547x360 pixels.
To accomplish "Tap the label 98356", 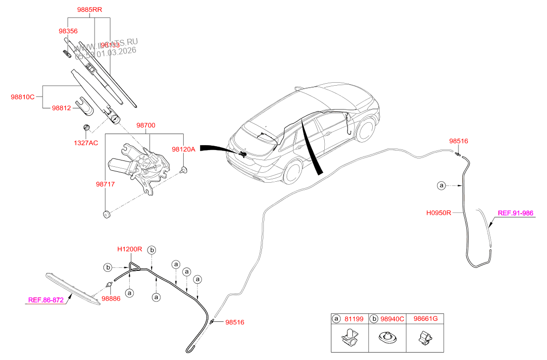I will (x=68, y=31).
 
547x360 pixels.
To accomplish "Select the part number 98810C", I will (x=23, y=97).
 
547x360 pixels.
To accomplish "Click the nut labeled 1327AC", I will (x=86, y=128).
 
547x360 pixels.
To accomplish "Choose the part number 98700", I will (x=146, y=126).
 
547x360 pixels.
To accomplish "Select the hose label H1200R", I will (x=130, y=249).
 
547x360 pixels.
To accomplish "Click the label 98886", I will (x=111, y=299).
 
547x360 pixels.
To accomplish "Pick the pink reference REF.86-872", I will (x=46, y=300).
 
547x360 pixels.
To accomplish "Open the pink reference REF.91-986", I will (x=515, y=213).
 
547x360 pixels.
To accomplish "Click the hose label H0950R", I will (x=439, y=213).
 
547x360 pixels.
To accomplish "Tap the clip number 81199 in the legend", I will (x=354, y=319).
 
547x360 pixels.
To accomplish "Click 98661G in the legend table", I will (x=425, y=319).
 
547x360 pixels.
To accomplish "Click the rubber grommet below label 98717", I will (x=105, y=214).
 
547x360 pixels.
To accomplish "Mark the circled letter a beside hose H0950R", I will (x=441, y=186).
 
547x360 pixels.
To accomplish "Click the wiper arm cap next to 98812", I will (x=84, y=105).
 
